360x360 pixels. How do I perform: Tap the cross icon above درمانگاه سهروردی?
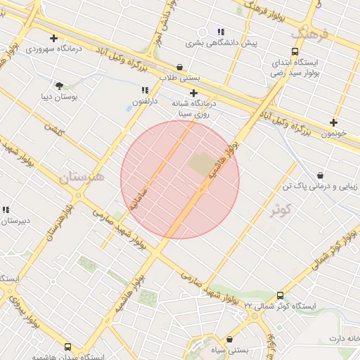53,38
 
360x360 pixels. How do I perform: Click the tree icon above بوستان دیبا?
59,85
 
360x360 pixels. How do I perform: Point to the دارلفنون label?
146,102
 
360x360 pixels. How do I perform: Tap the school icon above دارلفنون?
146,91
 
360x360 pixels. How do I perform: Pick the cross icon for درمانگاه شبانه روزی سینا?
194,92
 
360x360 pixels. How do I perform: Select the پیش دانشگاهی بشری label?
221,42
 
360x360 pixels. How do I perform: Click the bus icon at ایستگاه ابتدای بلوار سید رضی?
295,51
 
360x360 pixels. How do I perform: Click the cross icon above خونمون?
333,122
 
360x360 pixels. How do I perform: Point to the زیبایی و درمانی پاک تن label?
320,186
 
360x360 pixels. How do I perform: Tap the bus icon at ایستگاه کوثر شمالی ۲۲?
280,296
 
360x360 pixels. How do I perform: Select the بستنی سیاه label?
230,349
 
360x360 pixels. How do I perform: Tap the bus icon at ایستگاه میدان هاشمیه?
67,347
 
